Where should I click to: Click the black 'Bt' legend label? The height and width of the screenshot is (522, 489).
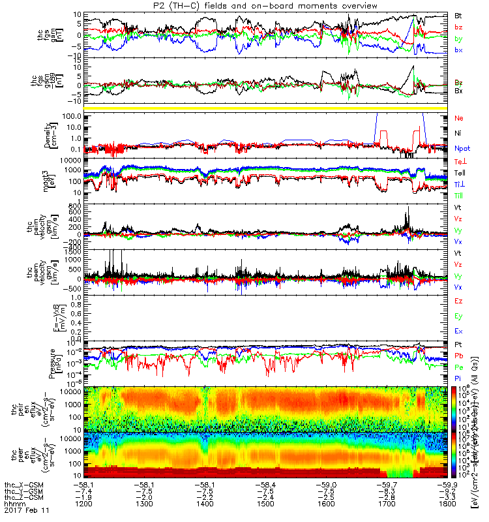click(458, 14)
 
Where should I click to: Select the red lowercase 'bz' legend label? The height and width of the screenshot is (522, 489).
click(458, 27)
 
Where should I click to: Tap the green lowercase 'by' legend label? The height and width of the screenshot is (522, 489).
click(458, 39)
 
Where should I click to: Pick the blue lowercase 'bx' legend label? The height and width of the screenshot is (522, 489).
click(458, 51)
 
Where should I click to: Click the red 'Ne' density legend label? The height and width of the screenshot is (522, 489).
click(458, 118)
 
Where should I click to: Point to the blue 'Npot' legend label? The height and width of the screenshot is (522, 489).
click(461, 148)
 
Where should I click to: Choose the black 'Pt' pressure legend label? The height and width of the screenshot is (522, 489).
click(458, 344)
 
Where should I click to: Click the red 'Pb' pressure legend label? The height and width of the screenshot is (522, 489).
click(458, 356)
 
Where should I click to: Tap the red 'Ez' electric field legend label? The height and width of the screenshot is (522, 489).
click(458, 301)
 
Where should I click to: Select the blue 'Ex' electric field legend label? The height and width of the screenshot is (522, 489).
click(458, 331)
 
